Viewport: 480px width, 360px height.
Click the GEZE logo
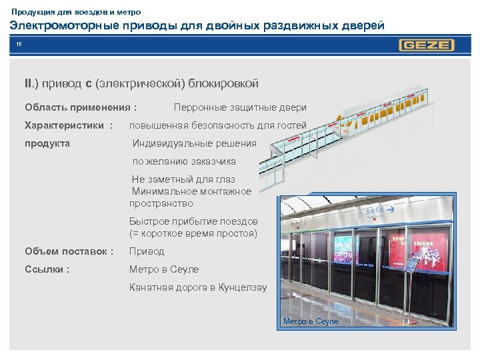click(x=427, y=45)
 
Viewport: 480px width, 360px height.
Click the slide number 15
click(x=19, y=45)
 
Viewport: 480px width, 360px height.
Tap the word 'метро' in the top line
click(x=128, y=12)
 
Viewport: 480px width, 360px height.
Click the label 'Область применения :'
click(x=81, y=107)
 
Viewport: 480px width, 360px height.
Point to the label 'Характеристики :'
click(x=69, y=125)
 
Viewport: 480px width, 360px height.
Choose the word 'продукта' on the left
click(x=47, y=143)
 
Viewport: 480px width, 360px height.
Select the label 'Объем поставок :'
click(x=69, y=251)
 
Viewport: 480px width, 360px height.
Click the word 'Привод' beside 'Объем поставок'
click(x=147, y=251)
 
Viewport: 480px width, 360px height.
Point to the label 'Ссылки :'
click(x=47, y=269)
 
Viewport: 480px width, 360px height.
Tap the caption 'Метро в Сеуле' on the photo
click(x=311, y=321)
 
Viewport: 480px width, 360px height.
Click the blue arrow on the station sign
click(x=391, y=211)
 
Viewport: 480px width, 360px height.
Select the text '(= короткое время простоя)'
click(x=193, y=233)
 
